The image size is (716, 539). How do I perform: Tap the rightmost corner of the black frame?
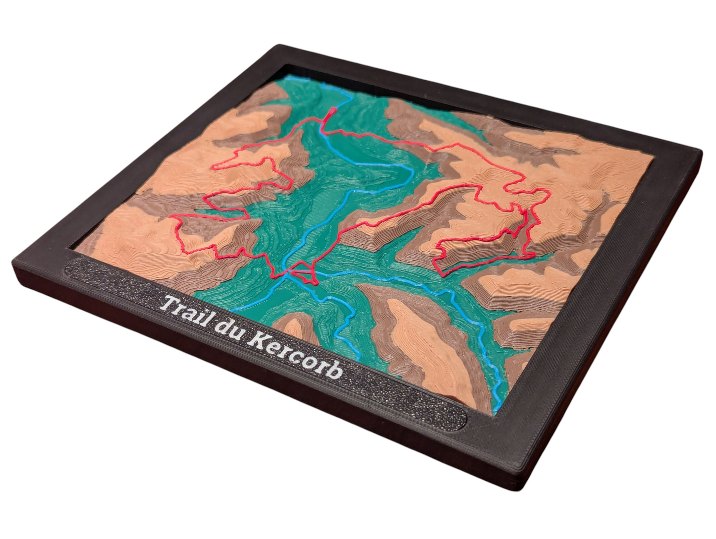pos(701,151)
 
